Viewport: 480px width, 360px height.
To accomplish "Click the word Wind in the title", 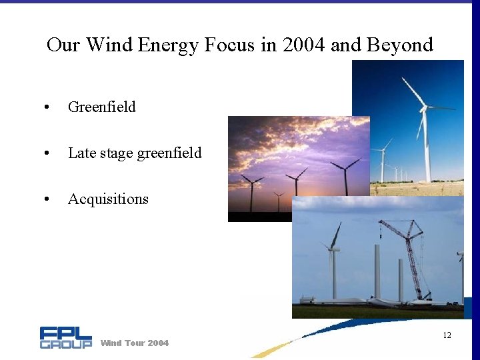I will tap(110, 45).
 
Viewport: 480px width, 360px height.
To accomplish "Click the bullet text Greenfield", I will tap(101, 107).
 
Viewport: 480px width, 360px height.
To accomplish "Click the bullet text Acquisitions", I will tap(108, 199).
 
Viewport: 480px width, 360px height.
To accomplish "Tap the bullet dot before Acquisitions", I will tap(45, 199).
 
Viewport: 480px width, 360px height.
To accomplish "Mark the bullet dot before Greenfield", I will tap(45, 107).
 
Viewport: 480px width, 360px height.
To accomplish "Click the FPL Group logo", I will tap(65, 337).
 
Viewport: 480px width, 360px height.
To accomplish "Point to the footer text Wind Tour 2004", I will tap(134, 343).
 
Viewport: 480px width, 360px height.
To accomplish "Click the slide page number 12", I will tap(447, 335).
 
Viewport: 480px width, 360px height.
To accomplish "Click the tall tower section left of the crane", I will tap(377, 270).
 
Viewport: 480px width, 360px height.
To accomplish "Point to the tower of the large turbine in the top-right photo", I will tap(427, 147).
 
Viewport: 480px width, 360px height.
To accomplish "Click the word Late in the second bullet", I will tap(82, 153).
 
